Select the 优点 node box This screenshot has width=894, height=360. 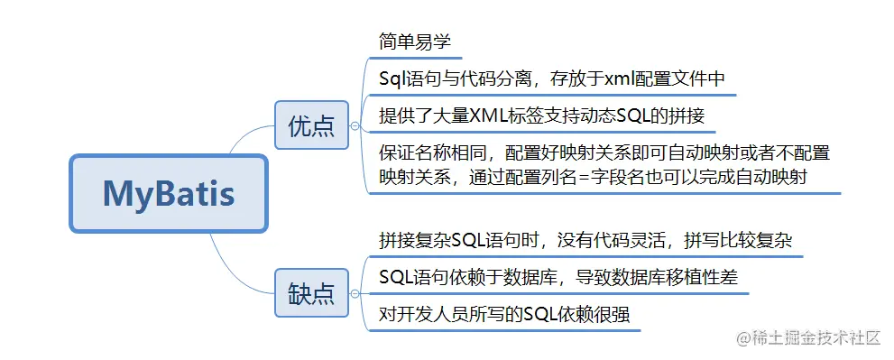[310, 125]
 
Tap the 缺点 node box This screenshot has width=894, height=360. [310, 293]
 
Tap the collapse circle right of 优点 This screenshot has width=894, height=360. [355, 125]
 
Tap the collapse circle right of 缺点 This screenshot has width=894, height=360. [355, 293]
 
